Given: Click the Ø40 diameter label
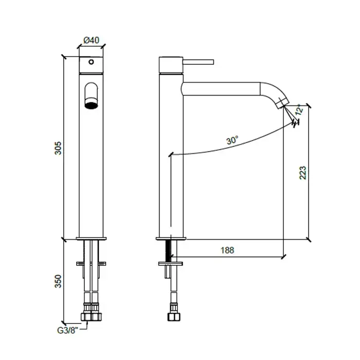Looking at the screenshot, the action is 92,40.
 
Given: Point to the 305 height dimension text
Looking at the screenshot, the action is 58,148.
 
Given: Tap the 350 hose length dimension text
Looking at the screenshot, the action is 58,281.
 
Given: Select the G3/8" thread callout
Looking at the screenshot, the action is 67,330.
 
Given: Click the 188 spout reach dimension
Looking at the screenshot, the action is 227,250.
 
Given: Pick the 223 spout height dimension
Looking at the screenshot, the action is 303,173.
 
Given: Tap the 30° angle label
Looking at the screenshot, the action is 232,140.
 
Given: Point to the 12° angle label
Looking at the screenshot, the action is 299,110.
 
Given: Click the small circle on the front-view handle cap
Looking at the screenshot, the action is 91,62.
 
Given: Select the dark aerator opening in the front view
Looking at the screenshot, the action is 91,105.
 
